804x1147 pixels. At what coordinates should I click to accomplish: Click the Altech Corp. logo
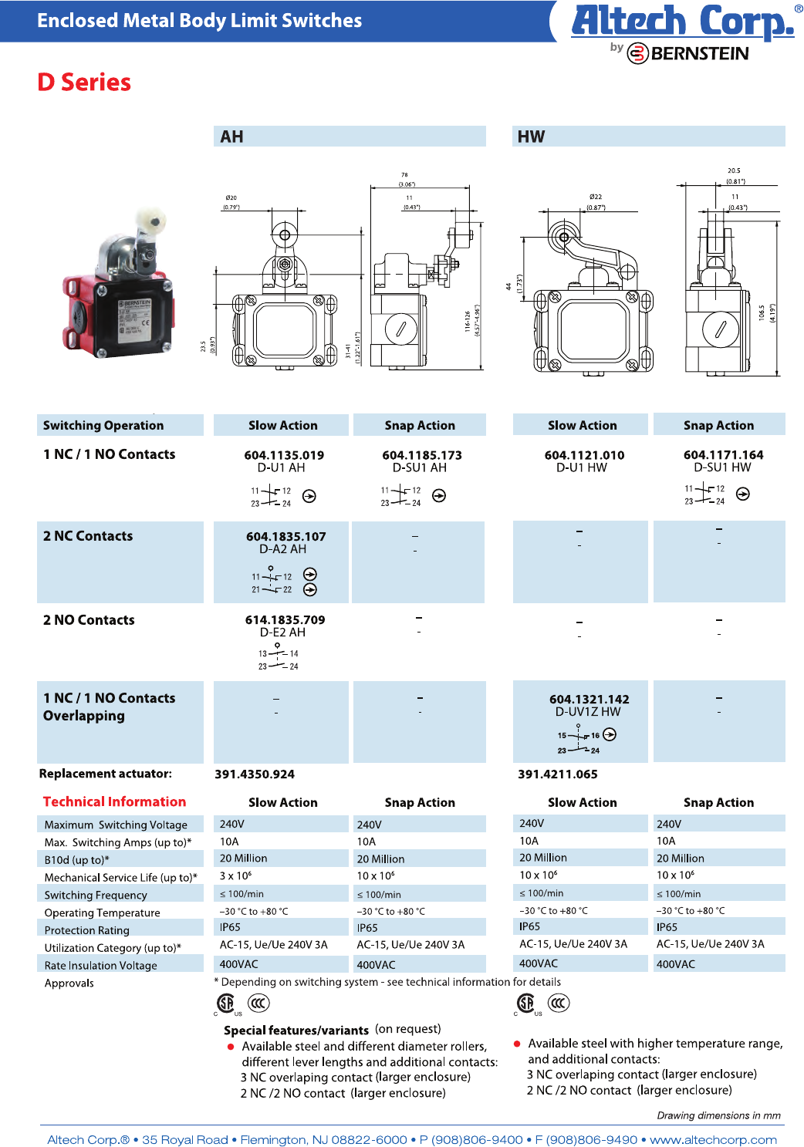(682, 22)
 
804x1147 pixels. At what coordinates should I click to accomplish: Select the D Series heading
(84, 83)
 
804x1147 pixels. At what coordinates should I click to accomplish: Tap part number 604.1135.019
(284, 455)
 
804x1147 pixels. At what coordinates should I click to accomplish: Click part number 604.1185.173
(421, 455)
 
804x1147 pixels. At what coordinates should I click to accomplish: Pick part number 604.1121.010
(584, 455)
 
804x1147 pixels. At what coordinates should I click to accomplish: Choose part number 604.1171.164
(723, 454)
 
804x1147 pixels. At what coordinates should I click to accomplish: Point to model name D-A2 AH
(282, 549)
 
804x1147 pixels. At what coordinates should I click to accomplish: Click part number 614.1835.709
(285, 619)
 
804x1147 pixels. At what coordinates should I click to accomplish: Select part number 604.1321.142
(589, 699)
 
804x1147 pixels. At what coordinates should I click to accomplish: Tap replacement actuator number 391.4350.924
(255, 774)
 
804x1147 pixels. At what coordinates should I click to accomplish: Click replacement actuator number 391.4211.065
(557, 774)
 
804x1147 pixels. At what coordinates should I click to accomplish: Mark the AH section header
(231, 137)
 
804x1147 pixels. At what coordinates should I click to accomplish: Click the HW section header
(531, 137)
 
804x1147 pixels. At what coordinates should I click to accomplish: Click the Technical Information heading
(114, 801)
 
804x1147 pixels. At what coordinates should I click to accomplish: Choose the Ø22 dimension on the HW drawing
(595, 197)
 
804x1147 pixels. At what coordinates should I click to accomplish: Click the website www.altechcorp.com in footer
(713, 1139)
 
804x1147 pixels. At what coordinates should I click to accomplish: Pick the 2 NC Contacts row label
(88, 536)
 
